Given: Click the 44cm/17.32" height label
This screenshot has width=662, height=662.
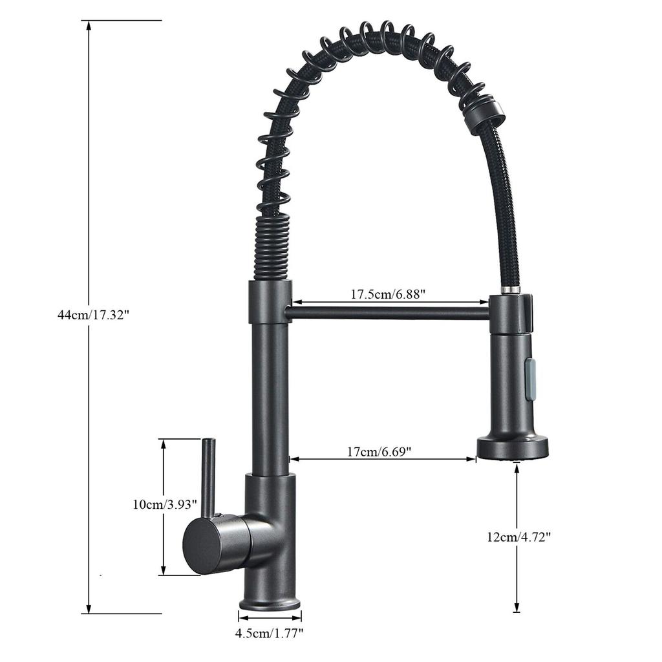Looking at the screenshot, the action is point(93,315).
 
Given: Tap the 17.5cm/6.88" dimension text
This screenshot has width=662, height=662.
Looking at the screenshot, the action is point(387,294).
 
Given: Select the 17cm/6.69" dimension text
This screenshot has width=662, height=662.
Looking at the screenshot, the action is point(379,452).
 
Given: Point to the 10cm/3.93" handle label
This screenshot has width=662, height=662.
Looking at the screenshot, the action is point(165,504).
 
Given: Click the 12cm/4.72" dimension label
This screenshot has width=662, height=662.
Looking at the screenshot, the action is point(519,537).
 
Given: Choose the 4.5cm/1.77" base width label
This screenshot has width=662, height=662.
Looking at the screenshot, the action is point(270,634).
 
